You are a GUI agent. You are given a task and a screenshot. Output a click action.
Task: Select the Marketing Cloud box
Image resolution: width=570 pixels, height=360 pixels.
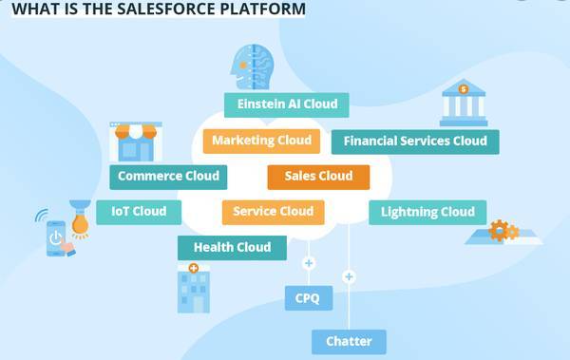point(261,141)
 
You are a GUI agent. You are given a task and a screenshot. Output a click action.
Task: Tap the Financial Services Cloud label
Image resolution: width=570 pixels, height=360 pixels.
point(415,142)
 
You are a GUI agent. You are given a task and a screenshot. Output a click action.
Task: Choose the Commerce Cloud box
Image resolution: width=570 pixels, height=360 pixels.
point(168,176)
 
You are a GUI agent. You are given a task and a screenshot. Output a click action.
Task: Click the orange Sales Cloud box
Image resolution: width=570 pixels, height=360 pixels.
point(318,176)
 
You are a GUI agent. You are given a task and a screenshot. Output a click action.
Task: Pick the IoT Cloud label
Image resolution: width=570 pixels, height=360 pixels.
point(138,212)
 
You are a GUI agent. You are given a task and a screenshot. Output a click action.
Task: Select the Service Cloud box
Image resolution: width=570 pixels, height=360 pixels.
point(273,212)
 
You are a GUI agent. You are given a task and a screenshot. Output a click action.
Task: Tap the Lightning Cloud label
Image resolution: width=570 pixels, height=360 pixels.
point(427,212)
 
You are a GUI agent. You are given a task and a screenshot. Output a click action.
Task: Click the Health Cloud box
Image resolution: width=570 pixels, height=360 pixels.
point(232,248)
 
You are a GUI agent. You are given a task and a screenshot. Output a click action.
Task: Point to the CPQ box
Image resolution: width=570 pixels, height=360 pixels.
point(308,298)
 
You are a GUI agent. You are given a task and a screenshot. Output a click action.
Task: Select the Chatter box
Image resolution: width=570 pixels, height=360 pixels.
point(349,341)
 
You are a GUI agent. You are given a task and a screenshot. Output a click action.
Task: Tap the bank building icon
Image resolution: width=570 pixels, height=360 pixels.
point(463,103)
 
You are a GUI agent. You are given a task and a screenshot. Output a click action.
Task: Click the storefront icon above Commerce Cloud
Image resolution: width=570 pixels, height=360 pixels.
point(136,142)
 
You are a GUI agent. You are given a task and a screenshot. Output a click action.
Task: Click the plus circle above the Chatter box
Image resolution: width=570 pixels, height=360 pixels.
point(349,276)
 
